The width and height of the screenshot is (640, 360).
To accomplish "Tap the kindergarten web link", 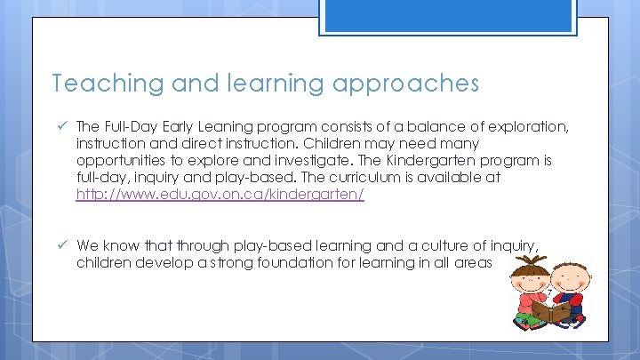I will (x=220, y=194).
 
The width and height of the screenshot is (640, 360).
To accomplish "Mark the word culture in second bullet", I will (x=449, y=245).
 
